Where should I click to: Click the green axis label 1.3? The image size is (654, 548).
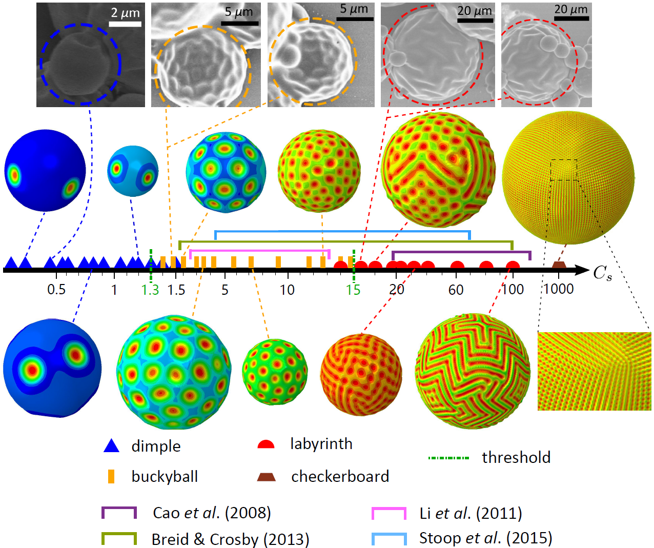click(150, 290)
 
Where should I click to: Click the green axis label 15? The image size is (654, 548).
click(353, 290)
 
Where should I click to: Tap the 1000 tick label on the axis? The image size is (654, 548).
click(558, 289)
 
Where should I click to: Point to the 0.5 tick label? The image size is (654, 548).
click(56, 290)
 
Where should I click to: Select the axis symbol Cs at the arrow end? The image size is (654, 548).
click(603, 273)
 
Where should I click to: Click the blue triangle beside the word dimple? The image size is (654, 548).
click(111, 446)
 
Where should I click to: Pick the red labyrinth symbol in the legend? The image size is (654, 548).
click(266, 444)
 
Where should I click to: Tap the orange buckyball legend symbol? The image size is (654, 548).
click(111, 476)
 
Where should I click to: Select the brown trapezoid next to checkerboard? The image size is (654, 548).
click(266, 477)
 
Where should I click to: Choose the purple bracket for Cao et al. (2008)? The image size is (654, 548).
click(119, 512)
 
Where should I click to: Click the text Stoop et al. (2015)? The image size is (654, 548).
click(485, 538)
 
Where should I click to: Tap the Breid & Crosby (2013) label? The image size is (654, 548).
click(230, 539)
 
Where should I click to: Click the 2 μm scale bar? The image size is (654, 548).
click(125, 24)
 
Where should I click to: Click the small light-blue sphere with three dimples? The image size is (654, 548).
click(133, 171)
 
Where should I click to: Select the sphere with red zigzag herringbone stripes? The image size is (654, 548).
click(473, 371)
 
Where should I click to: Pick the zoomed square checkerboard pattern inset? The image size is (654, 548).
click(594, 371)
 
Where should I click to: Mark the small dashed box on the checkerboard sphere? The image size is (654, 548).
click(564, 170)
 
